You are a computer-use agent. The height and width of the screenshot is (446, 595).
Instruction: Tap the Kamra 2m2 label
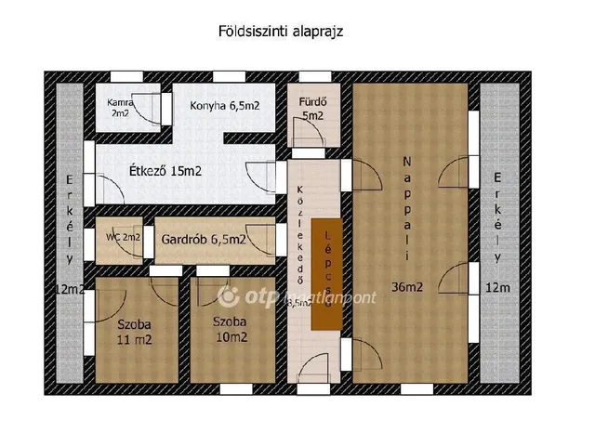[120, 108]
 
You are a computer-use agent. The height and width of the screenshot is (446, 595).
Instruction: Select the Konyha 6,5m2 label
[224, 106]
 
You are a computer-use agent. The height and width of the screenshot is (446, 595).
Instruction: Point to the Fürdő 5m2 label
[311, 109]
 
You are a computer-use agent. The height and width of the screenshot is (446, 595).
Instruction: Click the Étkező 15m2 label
[165, 171]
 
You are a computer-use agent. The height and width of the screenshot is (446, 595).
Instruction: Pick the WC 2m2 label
[123, 237]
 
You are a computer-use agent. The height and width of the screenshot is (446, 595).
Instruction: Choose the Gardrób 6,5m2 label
[204, 239]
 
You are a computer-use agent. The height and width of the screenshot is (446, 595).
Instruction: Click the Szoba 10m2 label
[230, 329]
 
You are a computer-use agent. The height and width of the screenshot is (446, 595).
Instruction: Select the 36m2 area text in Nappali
[407, 287]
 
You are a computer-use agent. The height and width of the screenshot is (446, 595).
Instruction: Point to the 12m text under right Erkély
[497, 289]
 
